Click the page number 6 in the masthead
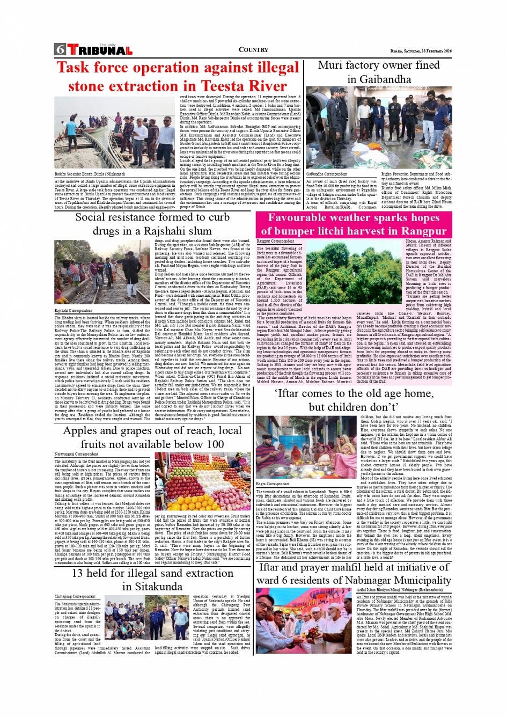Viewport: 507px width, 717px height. [x=60, y=50]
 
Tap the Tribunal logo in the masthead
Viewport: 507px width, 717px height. [x=100, y=50]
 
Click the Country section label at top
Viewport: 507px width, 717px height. [x=253, y=50]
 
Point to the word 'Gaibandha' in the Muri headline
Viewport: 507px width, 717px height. [x=379, y=79]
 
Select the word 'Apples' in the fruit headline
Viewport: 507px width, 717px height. [x=82, y=430]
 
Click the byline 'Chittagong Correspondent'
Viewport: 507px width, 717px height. [x=75, y=596]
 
